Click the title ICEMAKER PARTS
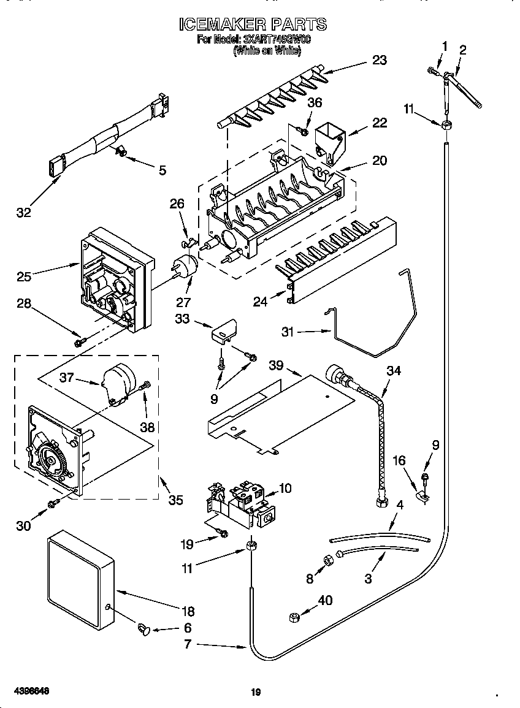tap(252, 25)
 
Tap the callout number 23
tap(380, 59)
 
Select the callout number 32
tap(24, 213)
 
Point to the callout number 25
tap(24, 276)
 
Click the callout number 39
tap(276, 365)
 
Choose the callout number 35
tap(175, 500)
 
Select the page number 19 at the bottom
tap(256, 693)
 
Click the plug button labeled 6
tap(145, 628)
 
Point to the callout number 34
tap(394, 370)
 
